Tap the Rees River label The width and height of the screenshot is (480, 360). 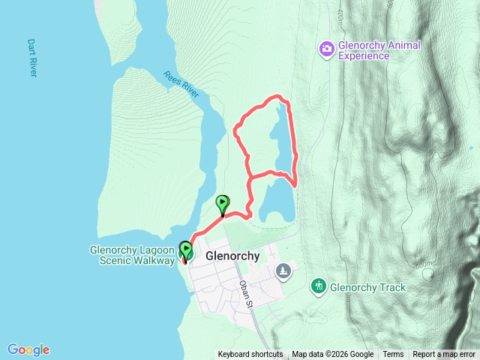pyautogui.click(x=181, y=84)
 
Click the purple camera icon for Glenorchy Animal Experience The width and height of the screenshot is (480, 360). pyautogui.click(x=326, y=49)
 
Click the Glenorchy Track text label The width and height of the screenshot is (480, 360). pyautogui.click(x=367, y=287)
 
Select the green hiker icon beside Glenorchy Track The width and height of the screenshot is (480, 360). pyautogui.click(x=318, y=286)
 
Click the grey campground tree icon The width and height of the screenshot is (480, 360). pyautogui.click(x=283, y=270)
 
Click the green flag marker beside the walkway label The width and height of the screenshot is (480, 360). pyautogui.click(x=185, y=250)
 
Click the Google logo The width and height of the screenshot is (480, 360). pyautogui.click(x=28, y=349)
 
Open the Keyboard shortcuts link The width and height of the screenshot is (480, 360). pyautogui.click(x=250, y=355)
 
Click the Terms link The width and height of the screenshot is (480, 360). pyautogui.click(x=393, y=355)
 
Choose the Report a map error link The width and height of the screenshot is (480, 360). pyautogui.click(x=444, y=355)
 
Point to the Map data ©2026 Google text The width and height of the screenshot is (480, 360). pyautogui.click(x=332, y=355)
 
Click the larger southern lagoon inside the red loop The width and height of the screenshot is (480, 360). pyautogui.click(x=277, y=200)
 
